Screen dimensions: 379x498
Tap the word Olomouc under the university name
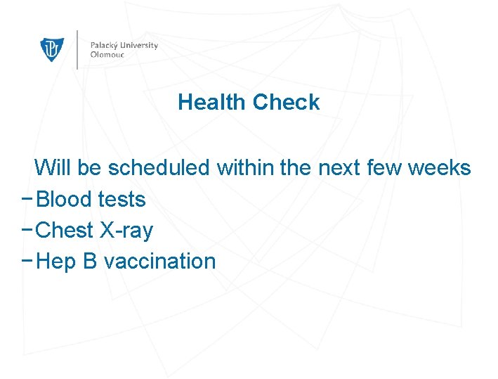[107, 54]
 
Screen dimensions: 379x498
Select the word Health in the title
[212, 103]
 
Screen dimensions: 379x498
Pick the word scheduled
[159, 168]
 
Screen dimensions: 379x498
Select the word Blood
[64, 200]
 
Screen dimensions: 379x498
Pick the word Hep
[55, 262]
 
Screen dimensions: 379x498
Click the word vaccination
[159, 262]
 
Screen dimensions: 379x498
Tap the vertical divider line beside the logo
[77, 49]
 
